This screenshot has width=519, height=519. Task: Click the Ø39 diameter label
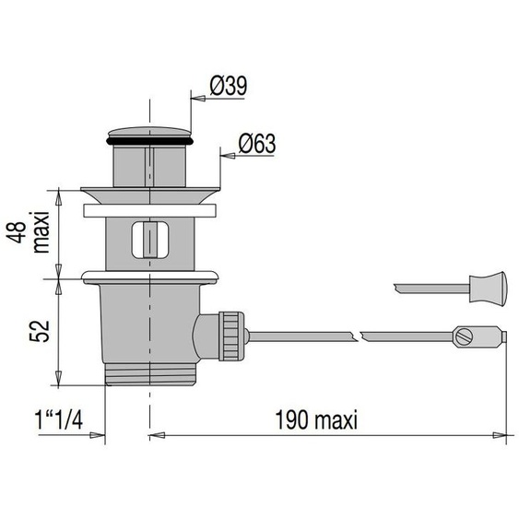[x=229, y=86]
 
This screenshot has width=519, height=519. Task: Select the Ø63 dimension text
[x=257, y=143]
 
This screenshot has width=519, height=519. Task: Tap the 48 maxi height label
[x=29, y=232]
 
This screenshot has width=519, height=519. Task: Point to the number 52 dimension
[x=40, y=331]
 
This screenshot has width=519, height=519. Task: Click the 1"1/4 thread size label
[x=59, y=419]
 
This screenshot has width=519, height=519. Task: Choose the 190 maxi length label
[x=316, y=419]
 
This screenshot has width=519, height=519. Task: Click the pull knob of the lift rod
[x=488, y=287]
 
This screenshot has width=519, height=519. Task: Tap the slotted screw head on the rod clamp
[x=464, y=336]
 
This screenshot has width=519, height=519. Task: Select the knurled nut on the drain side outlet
[x=231, y=336]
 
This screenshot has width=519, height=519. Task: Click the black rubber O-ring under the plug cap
[x=149, y=141]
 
